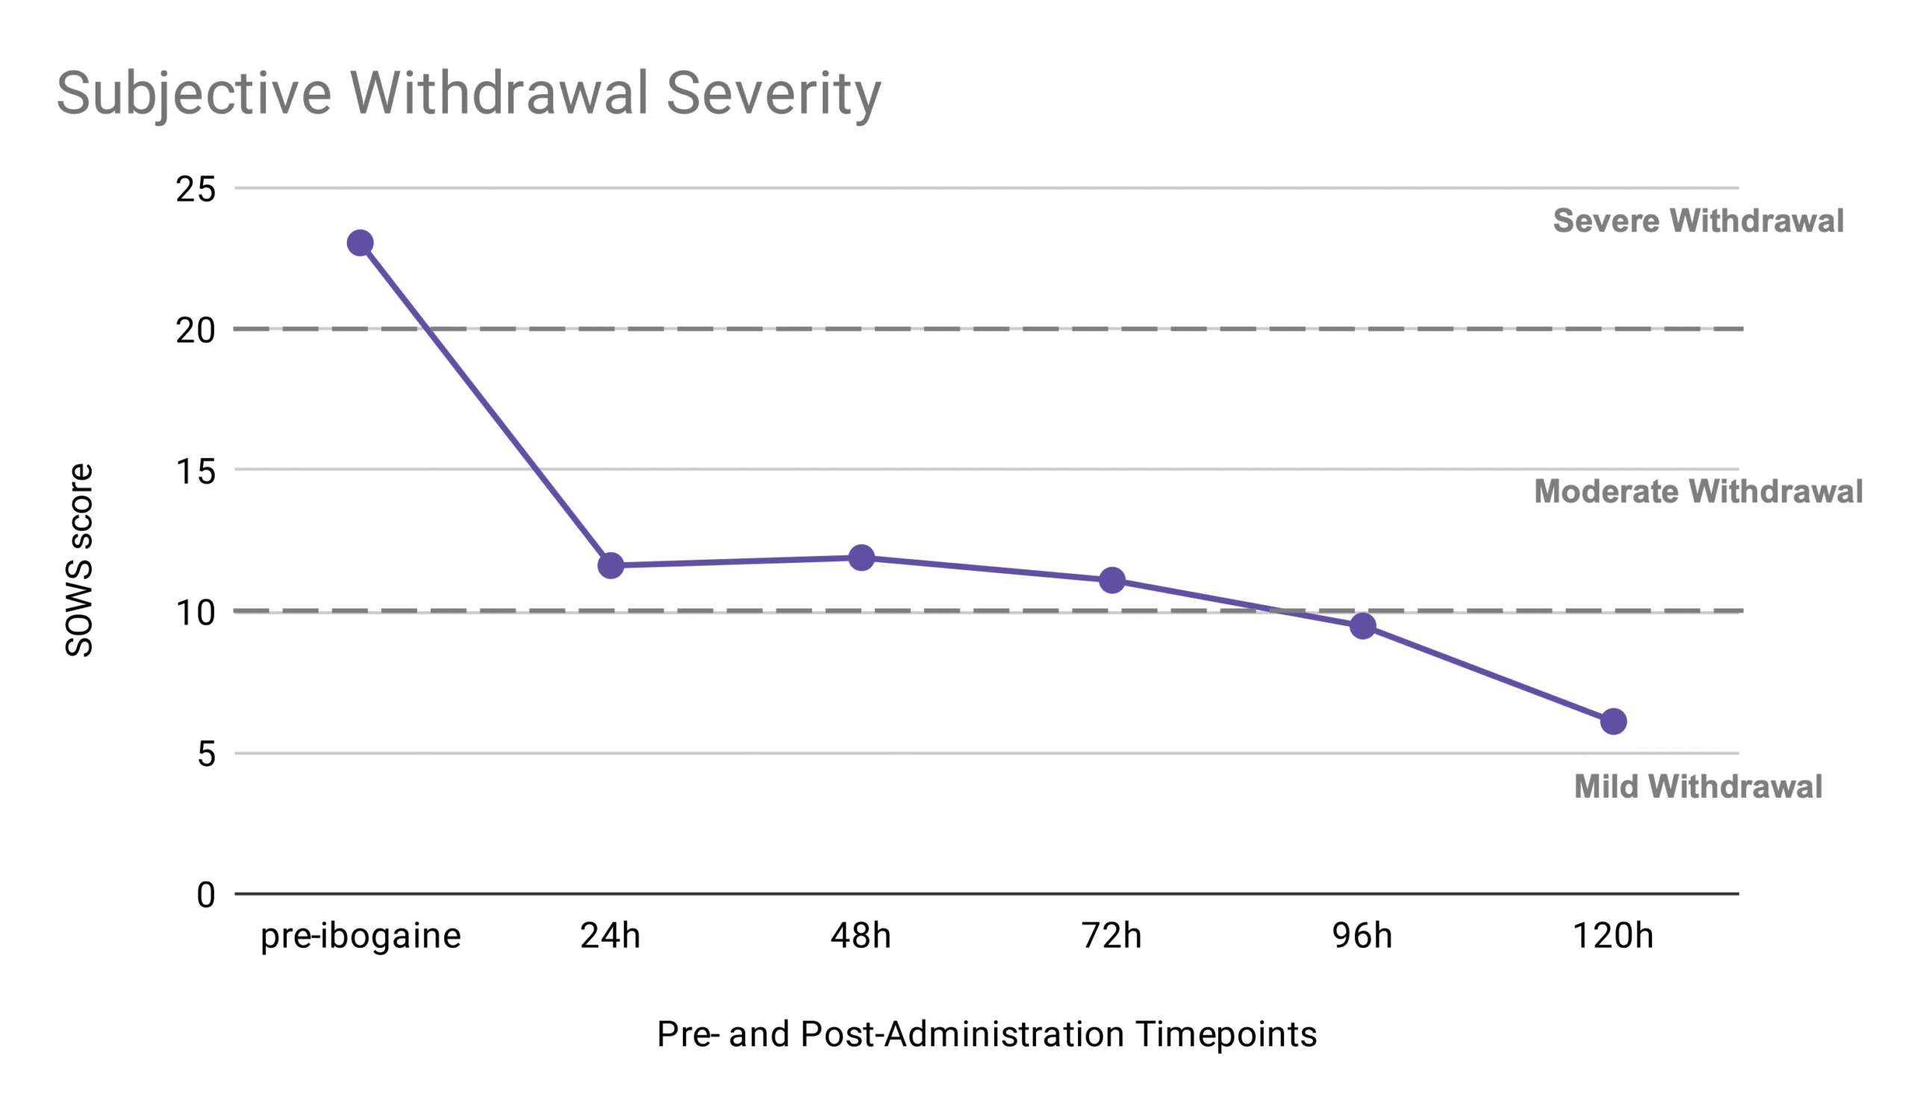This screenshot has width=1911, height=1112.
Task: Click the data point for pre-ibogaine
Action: click(x=360, y=243)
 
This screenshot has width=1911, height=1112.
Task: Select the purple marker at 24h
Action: click(x=611, y=566)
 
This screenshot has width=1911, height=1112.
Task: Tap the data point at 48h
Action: click(x=861, y=558)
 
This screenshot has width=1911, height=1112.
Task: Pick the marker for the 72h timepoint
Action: click(x=1112, y=581)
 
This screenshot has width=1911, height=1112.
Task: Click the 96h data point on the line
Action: click(x=1363, y=626)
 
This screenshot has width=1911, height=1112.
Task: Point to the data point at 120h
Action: click(x=1613, y=722)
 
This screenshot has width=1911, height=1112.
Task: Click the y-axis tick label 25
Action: click(x=196, y=190)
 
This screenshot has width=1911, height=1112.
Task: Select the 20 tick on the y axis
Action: click(x=196, y=331)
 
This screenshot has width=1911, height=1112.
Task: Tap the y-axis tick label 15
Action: click(x=196, y=472)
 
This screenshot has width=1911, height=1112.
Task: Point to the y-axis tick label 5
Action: click(x=206, y=755)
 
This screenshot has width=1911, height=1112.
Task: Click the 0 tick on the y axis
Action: click(x=206, y=896)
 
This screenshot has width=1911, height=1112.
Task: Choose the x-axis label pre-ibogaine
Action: click(x=361, y=937)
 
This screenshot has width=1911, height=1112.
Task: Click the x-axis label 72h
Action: click(x=1112, y=935)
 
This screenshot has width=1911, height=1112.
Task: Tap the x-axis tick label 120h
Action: click(x=1613, y=935)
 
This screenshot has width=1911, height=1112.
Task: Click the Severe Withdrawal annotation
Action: click(x=1698, y=221)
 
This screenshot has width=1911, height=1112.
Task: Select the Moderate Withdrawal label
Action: click(x=1698, y=491)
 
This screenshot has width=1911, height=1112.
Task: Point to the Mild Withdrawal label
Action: click(x=1698, y=786)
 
